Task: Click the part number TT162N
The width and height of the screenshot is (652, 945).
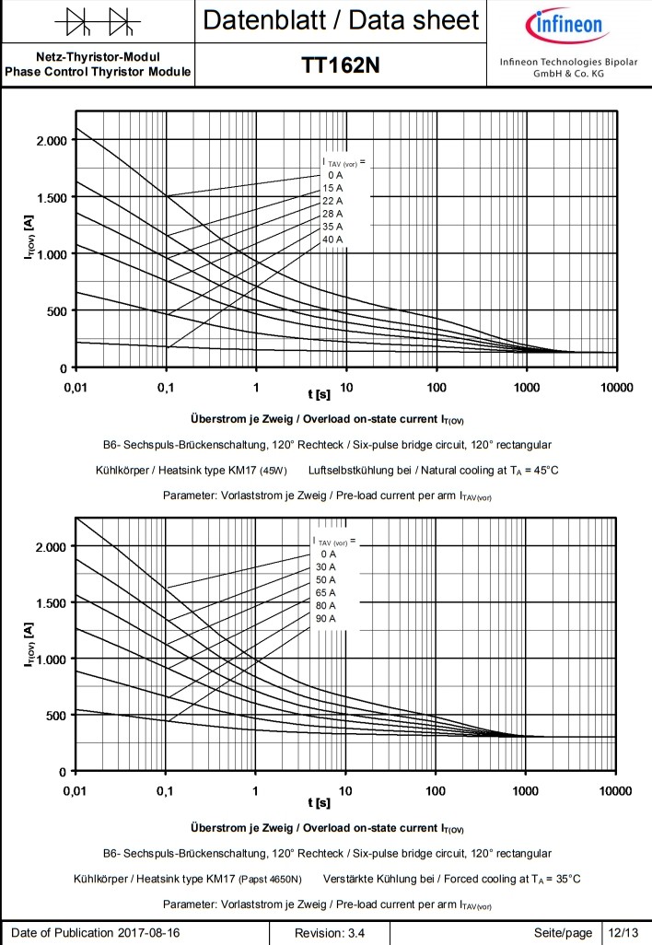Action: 341,65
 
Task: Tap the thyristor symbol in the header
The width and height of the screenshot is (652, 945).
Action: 97,19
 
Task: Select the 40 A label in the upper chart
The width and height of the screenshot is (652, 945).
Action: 332,239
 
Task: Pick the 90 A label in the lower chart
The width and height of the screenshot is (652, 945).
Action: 325,618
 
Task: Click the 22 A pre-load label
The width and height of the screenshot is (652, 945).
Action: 332,201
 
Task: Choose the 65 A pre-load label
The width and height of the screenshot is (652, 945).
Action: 325,592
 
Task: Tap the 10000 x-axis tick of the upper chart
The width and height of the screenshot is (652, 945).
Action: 613,388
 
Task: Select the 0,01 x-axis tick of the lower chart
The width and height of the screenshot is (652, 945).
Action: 76,791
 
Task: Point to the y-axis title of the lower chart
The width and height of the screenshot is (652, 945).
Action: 29,659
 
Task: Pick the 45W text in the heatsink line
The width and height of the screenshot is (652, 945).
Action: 274,471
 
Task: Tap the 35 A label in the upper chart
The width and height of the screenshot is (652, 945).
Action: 332,227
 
